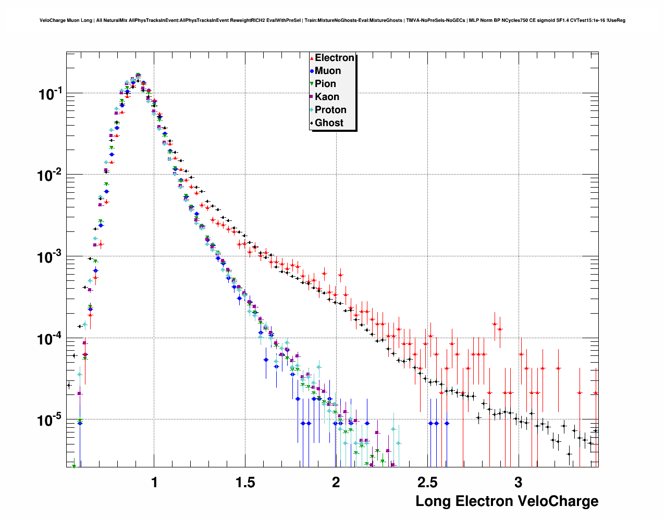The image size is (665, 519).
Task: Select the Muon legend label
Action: point(328,71)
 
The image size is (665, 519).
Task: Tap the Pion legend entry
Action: point(325,84)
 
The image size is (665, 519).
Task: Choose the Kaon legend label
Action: point(327,97)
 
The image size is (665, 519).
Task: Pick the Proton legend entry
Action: point(330,110)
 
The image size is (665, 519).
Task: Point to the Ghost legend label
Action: point(329,123)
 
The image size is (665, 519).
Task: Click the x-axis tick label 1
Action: point(154,483)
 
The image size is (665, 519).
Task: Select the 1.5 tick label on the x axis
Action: point(245,483)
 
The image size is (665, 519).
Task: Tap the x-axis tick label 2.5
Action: point(427,483)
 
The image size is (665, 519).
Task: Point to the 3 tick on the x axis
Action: point(518,483)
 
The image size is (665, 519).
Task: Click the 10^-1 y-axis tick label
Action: point(50,94)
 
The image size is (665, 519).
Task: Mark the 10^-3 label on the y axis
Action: point(50,257)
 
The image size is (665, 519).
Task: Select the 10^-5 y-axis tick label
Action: point(50,420)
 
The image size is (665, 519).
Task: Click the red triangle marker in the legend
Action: point(312,58)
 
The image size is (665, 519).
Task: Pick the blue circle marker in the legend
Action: point(312,71)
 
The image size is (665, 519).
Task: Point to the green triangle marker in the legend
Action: point(312,84)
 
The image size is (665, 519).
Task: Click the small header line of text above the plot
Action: point(332,20)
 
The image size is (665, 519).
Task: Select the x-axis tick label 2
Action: point(336,483)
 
